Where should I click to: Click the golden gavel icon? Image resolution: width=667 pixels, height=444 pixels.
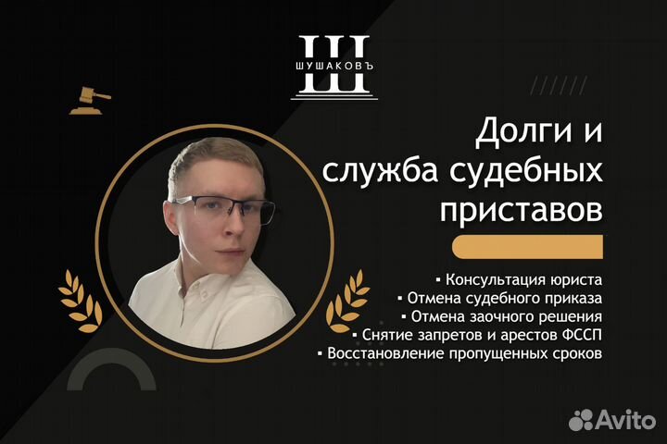click(x=90, y=101)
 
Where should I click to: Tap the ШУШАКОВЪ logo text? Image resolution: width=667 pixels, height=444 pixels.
click(x=334, y=67)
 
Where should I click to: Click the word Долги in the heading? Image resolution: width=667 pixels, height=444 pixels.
click(x=524, y=131)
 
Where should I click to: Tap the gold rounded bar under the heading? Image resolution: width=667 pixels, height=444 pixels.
click(x=527, y=247)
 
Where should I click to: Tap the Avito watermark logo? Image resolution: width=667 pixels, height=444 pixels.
click(x=612, y=420)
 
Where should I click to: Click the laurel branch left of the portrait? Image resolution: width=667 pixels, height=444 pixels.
click(x=81, y=301)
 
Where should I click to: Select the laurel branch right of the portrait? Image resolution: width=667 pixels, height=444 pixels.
click(x=347, y=301)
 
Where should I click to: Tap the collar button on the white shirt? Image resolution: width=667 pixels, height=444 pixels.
click(x=204, y=293)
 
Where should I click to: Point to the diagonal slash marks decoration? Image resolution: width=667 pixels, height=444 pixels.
click(x=559, y=85)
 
